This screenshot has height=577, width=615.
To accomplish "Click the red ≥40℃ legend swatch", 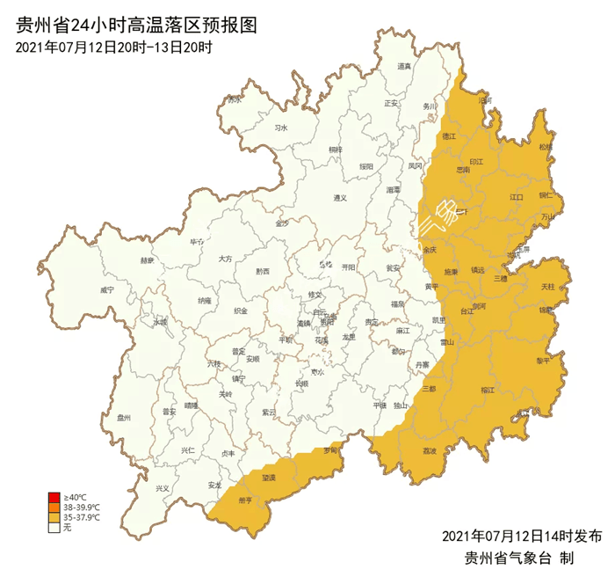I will [x=54, y=498].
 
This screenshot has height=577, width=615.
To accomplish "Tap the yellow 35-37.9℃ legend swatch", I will [x=54, y=517].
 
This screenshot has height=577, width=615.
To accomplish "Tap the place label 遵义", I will [x=341, y=198].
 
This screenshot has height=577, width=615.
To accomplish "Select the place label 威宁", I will [x=107, y=289].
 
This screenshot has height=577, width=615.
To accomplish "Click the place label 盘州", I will [x=123, y=418].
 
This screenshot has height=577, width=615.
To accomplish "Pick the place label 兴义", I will [x=162, y=488].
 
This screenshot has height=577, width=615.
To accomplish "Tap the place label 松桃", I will [x=546, y=147].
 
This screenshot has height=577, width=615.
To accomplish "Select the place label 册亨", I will [x=245, y=500].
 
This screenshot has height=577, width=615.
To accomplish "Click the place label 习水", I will [x=281, y=128].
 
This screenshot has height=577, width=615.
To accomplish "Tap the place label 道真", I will [x=404, y=67].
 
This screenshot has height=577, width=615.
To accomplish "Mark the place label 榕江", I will [x=488, y=389].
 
